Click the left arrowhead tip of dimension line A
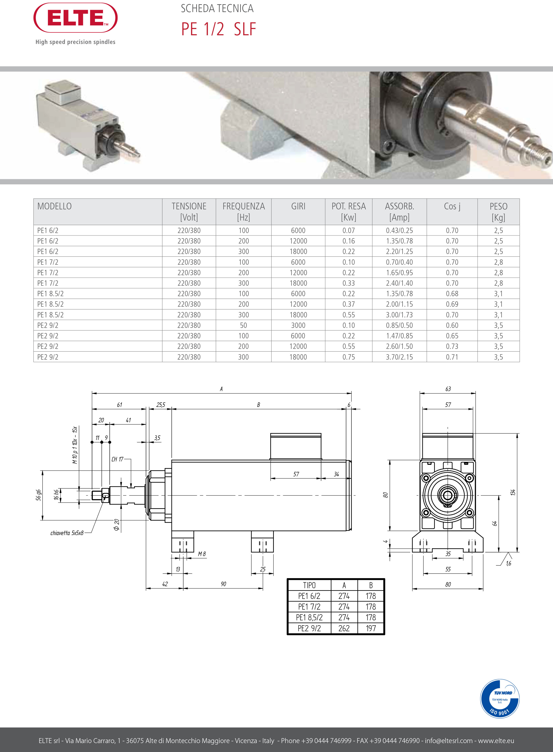[92, 393]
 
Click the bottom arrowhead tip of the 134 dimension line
[518, 552]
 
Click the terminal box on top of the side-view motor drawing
[296, 446]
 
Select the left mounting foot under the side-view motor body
[183, 541]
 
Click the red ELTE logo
[76, 18]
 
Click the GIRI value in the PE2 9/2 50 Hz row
[298, 325]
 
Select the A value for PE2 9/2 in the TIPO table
[344, 628]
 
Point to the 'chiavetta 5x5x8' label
[67, 533]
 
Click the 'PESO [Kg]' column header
[498, 212]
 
